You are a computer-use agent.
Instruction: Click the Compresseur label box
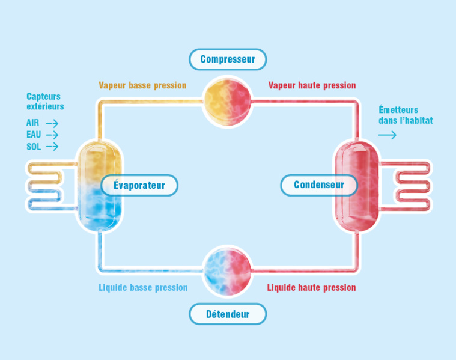tap(227, 59)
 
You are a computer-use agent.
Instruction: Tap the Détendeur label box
tap(228, 314)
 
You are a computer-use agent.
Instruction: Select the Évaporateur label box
tap(139, 185)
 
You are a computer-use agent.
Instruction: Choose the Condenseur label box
tap(319, 185)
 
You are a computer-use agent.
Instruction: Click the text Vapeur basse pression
tap(142, 85)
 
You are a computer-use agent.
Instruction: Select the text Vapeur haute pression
tap(312, 85)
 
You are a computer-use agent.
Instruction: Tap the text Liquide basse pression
tap(143, 287)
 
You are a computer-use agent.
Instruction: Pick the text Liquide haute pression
tap(311, 287)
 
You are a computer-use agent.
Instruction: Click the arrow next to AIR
tap(52, 123)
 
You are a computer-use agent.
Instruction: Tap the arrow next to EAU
tap(52, 135)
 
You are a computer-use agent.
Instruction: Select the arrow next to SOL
tap(52, 147)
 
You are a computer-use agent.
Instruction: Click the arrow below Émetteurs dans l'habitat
tap(388, 135)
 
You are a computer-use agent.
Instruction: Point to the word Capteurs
tap(43, 96)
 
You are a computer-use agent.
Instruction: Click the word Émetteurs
tap(398, 110)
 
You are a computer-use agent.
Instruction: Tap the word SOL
tap(34, 147)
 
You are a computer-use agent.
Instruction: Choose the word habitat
tap(419, 120)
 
